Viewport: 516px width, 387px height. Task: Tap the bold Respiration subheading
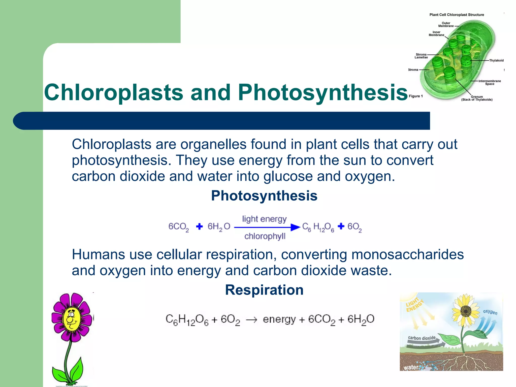point(264,290)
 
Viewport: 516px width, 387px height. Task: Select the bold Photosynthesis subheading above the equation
point(264,196)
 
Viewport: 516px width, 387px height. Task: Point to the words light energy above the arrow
point(264,219)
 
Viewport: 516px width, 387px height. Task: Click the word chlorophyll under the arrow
point(265,236)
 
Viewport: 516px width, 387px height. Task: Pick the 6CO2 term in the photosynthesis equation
point(178,227)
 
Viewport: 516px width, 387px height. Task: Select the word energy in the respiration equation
point(279,319)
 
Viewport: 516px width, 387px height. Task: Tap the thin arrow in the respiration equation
point(251,320)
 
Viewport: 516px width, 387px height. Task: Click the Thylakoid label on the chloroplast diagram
point(496,60)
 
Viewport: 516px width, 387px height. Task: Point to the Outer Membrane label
point(446,24)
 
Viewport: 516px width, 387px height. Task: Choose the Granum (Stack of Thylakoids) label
point(477,98)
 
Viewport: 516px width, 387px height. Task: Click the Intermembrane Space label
point(490,82)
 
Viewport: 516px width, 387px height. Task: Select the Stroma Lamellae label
point(421,56)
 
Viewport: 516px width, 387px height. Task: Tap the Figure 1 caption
point(416,96)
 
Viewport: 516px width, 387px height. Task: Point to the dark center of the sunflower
point(466,311)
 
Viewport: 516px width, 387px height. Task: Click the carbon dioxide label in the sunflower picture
point(422,338)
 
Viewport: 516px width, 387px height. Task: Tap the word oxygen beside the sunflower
point(490,312)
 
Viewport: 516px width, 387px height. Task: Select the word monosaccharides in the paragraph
point(407,254)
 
